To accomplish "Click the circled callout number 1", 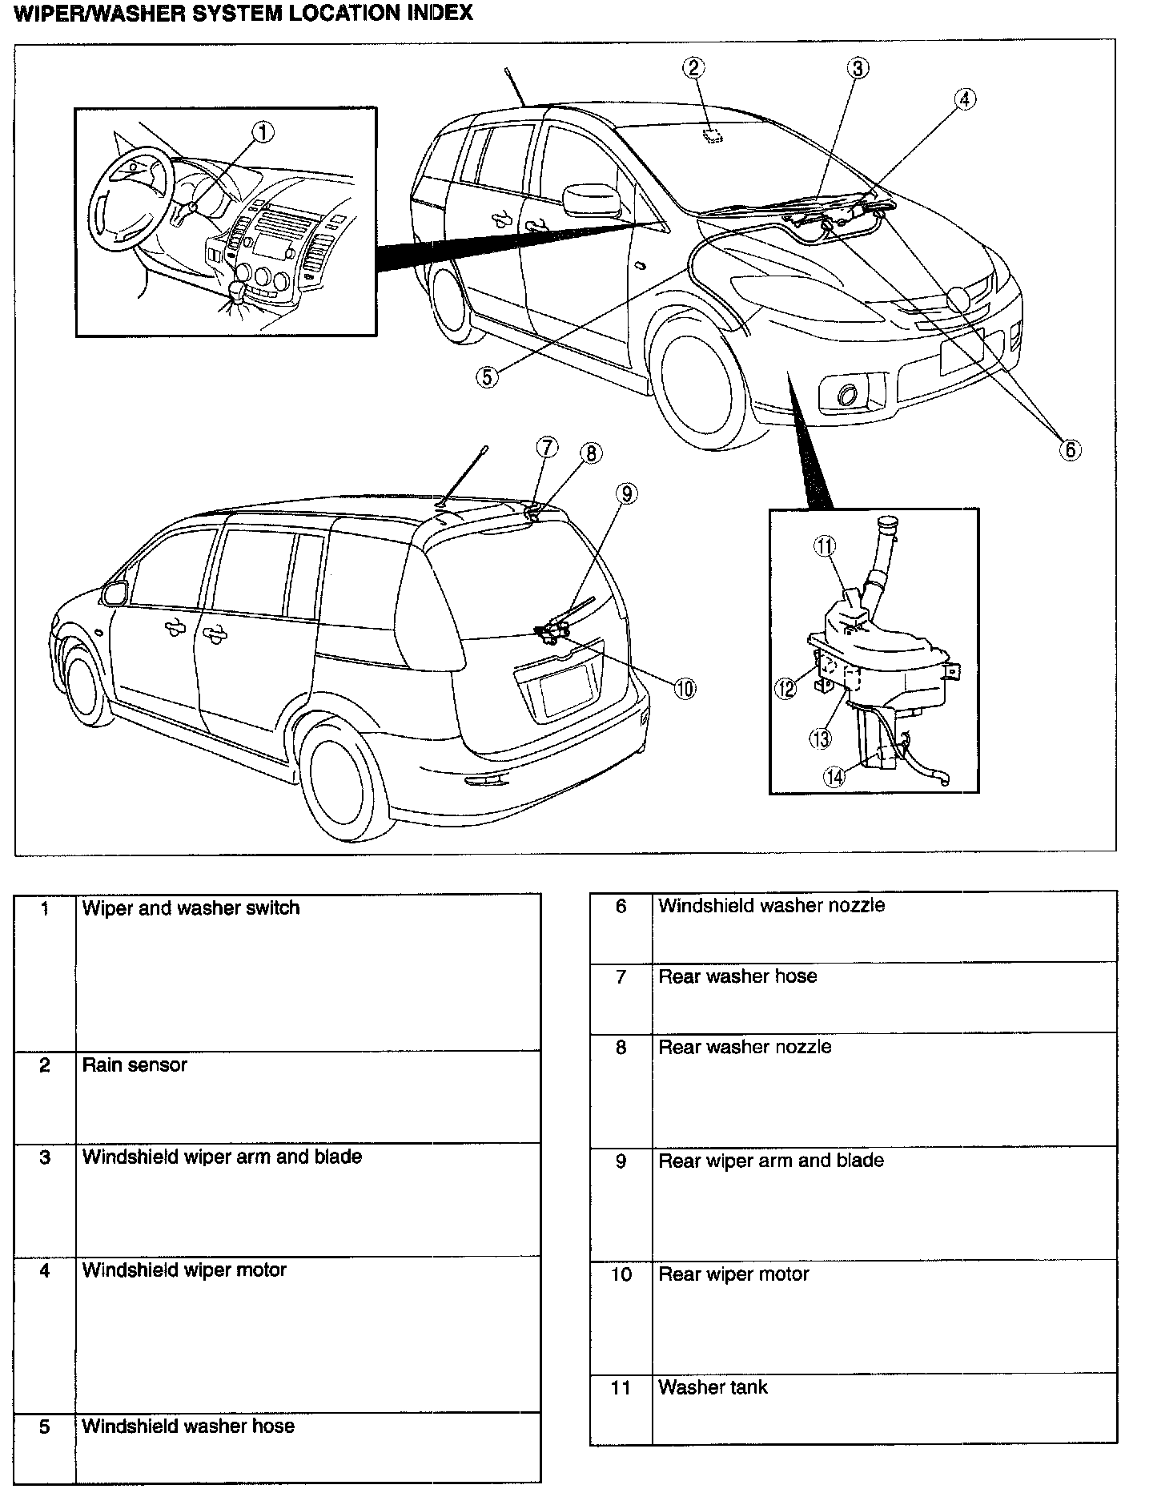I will point(263,132).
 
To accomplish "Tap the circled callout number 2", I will point(694,68).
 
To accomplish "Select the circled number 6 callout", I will point(1071,449).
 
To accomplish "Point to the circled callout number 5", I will point(487,376).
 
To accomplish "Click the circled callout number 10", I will point(685,688).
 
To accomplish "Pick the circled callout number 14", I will point(834,776).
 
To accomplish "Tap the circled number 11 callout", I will point(825,546).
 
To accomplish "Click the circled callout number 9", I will point(627,494).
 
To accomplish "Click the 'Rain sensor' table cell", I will point(135,1065).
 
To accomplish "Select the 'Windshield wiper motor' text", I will point(184,1270).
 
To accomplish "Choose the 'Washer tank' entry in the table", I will point(713,1387).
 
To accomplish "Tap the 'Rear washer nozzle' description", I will point(745,1047).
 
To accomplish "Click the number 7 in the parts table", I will point(621,976).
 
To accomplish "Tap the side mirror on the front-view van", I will point(592,200).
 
